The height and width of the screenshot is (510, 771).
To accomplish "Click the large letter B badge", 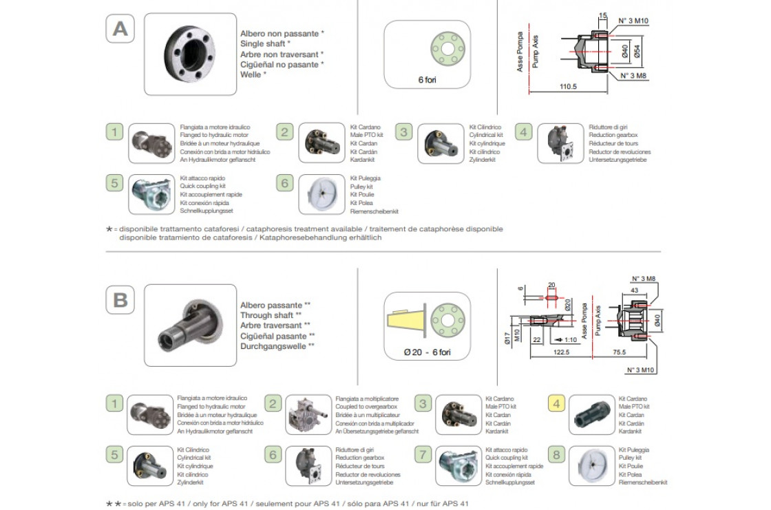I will click(x=120, y=301).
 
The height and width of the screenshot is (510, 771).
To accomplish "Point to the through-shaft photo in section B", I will click(x=190, y=325).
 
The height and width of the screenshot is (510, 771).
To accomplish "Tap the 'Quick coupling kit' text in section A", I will click(x=203, y=187).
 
